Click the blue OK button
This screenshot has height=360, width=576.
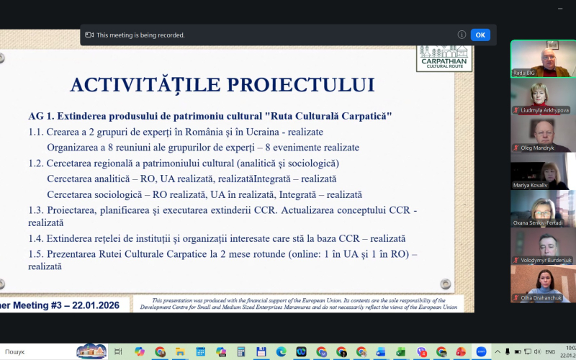tap(480, 35)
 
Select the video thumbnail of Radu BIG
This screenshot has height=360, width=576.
tap(543, 58)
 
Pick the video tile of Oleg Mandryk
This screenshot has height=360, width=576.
tap(543, 134)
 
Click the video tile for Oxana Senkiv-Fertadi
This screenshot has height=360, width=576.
tap(543, 210)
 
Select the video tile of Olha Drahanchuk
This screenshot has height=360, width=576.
tap(543, 284)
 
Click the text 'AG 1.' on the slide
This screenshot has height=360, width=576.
tap(42, 117)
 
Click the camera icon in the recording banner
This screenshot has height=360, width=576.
tap(89, 35)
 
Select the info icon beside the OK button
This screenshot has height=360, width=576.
tap(462, 35)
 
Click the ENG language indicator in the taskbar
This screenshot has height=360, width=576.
tap(549, 351)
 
